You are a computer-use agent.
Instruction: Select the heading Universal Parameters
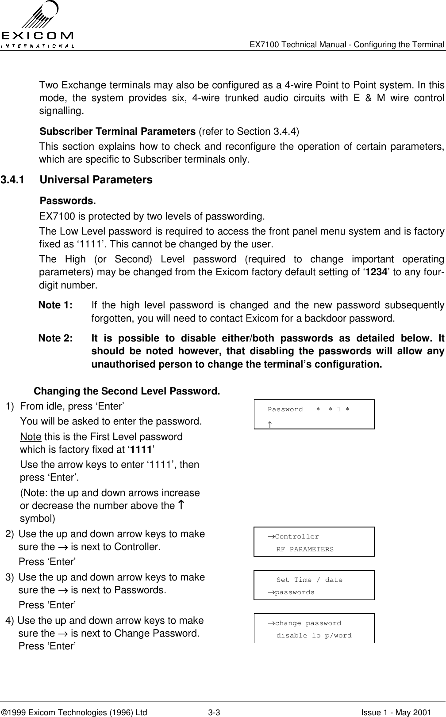(x=96, y=180)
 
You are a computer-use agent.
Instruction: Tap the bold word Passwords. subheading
(x=68, y=201)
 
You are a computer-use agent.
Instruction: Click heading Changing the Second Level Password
(x=127, y=391)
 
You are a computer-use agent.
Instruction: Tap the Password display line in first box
(x=308, y=409)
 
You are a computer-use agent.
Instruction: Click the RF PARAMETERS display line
(x=305, y=550)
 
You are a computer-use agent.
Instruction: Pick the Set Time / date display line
(x=309, y=580)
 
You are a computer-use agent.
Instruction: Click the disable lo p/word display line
(x=314, y=636)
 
